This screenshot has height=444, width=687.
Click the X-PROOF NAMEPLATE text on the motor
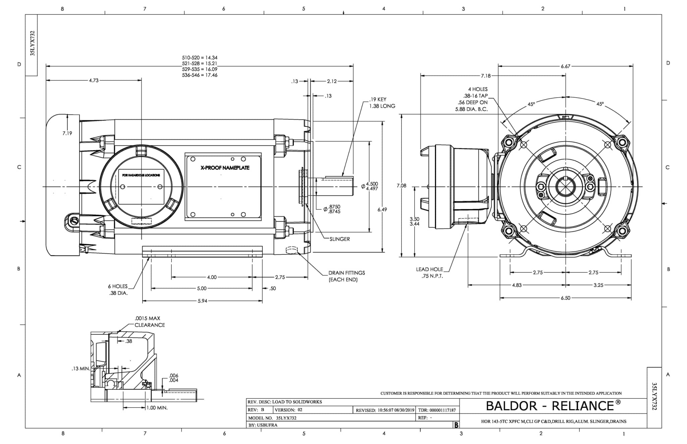(225, 168)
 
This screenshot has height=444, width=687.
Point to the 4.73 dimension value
(94, 80)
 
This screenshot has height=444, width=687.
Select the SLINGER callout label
(339, 239)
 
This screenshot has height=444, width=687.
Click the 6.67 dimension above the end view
(565, 66)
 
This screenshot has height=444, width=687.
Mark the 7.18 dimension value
(485, 76)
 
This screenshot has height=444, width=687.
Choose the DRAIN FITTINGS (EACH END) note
(346, 276)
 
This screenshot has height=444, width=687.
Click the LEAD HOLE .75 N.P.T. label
(430, 273)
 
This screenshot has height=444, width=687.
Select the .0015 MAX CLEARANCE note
(149, 322)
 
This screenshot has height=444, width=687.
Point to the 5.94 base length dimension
(202, 301)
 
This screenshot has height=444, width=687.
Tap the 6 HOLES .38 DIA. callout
(118, 290)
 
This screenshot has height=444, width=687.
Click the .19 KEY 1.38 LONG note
(382, 103)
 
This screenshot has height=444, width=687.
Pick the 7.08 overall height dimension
(401, 186)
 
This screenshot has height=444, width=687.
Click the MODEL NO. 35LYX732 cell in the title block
(272, 418)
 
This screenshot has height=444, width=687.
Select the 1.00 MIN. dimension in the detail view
(157, 408)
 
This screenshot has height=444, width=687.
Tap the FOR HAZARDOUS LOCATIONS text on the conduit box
(141, 175)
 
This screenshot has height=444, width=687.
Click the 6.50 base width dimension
(565, 298)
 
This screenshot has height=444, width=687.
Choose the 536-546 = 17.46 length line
(200, 75)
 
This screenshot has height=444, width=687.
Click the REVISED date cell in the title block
(385, 410)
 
